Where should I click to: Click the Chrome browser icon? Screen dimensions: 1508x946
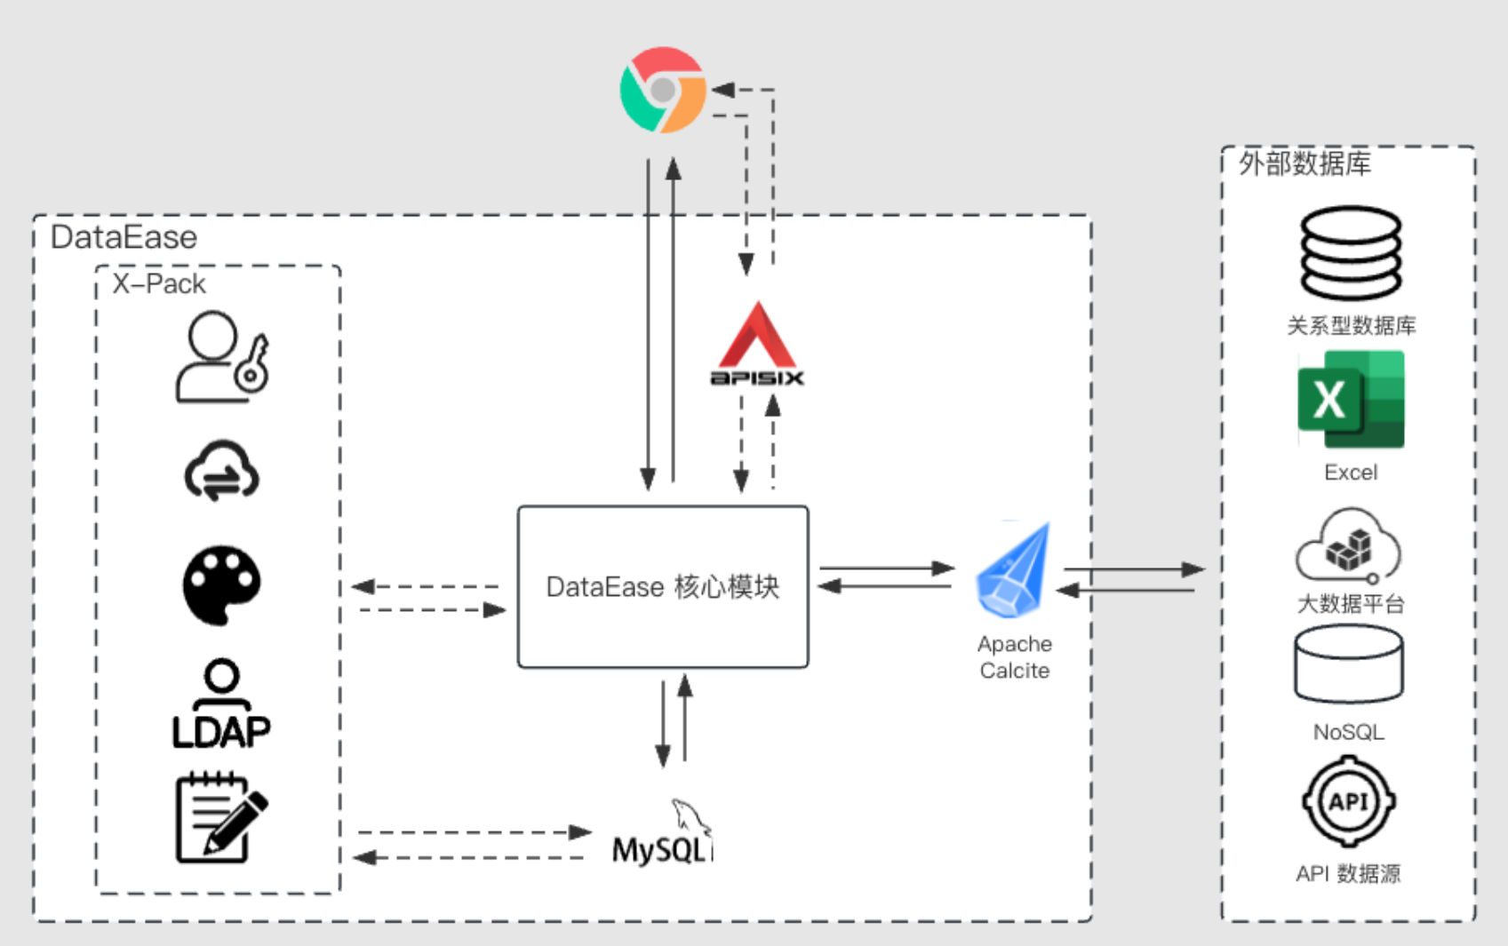click(663, 90)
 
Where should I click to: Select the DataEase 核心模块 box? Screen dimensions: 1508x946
click(663, 587)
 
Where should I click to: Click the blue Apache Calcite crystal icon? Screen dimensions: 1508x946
click(1013, 570)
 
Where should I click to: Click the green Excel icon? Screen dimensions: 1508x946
click(1351, 399)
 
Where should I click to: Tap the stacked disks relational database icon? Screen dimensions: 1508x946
click(1351, 252)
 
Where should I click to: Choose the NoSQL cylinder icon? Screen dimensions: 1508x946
click(1349, 664)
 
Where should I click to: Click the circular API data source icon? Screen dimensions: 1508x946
click(1349, 801)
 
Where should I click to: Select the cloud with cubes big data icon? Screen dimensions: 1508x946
click(1348, 545)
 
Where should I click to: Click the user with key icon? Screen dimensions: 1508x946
click(222, 356)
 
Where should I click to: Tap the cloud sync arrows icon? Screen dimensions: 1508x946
click(221, 471)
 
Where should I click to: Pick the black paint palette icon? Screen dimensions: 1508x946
click(221, 584)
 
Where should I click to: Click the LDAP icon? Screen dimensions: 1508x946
click(221, 704)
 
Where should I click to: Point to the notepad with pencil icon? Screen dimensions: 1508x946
click(222, 817)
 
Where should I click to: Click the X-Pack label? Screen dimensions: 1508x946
click(159, 284)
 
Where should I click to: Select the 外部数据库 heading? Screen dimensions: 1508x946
click(1305, 163)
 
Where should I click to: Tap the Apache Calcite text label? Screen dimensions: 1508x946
click(1015, 657)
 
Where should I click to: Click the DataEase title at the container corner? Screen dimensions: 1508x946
click(124, 237)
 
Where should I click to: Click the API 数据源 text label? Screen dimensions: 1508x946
click(1348, 873)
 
